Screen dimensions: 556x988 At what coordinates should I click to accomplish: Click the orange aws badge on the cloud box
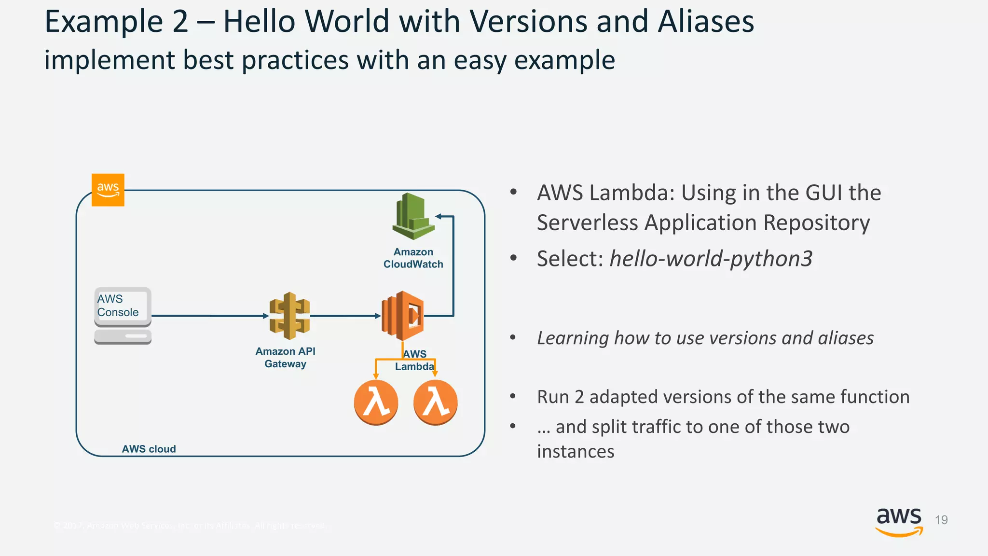[108, 190]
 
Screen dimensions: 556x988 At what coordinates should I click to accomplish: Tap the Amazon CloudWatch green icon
[413, 217]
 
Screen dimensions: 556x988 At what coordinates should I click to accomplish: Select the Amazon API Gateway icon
[289, 316]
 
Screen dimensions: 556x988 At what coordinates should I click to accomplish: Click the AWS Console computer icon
[123, 316]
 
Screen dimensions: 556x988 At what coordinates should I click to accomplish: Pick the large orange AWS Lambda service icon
[403, 316]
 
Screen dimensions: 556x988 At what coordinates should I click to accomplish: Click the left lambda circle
[376, 403]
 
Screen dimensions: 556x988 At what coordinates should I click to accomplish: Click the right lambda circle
[435, 403]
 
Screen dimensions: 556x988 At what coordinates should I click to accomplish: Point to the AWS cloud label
[149, 449]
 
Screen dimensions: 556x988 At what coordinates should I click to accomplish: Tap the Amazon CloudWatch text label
[413, 258]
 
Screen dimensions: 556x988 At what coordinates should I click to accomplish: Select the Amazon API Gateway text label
[285, 358]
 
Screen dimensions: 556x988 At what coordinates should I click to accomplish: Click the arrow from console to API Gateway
[210, 316]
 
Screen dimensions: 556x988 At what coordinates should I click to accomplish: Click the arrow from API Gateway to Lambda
[345, 316]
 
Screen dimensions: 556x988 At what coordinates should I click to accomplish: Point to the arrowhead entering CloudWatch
[439, 217]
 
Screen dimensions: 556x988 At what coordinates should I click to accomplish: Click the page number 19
[941, 520]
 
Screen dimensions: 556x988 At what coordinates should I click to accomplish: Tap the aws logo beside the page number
[899, 521]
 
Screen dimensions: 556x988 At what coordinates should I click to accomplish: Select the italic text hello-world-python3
[711, 259]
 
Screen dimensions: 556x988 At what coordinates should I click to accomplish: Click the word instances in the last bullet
[576, 452]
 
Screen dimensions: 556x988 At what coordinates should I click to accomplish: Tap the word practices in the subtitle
[295, 60]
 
